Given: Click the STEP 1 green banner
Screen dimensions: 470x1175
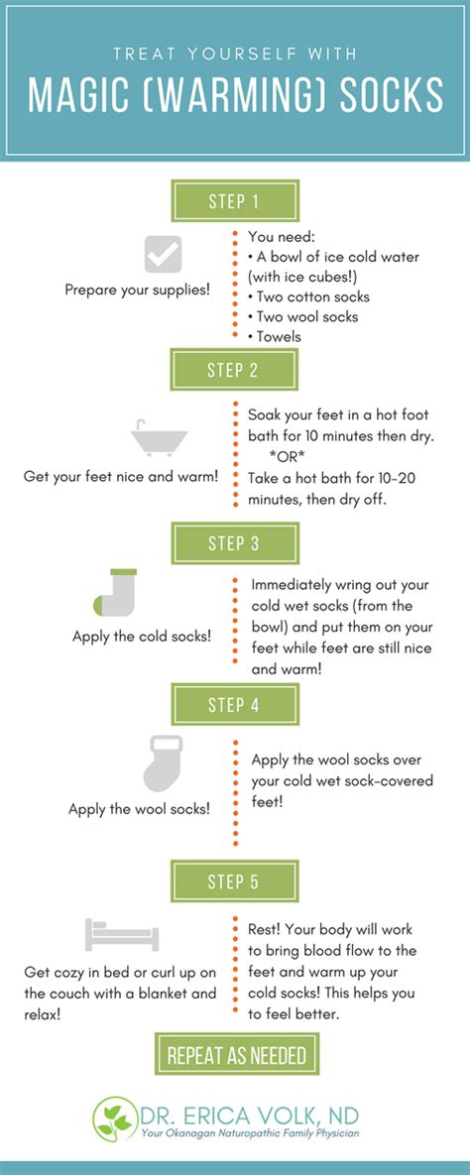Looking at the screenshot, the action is point(235,201).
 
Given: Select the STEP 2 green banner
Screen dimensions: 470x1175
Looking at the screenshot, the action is point(235,370).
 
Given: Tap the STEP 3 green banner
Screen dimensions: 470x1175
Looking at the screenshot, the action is point(235,543).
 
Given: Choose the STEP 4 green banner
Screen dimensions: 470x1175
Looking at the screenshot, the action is point(235,704).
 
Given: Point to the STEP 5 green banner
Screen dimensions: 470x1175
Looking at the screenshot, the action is point(235,881).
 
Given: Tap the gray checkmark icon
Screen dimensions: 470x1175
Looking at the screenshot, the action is point(163,254).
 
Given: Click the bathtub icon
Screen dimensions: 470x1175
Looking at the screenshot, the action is point(159,439).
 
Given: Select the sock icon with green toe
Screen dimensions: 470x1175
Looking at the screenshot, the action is point(115,593).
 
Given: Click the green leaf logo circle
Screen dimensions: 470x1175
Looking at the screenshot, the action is point(115,1118).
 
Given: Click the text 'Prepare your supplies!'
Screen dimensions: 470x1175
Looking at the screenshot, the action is point(138,290).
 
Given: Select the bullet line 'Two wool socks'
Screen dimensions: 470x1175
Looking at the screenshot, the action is point(303,316).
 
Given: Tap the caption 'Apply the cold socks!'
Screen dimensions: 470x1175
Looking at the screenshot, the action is point(142,637).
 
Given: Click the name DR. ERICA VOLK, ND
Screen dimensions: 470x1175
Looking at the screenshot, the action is point(250,1113).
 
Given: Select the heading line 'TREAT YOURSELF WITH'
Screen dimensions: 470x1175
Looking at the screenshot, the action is point(235,54).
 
